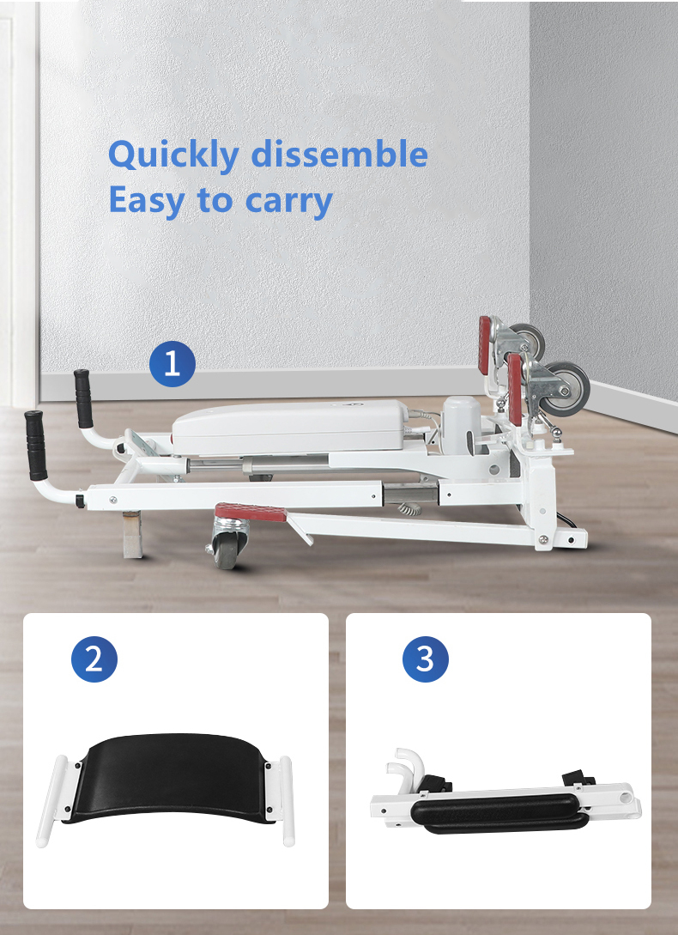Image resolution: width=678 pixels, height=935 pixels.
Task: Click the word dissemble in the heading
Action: (x=340, y=155)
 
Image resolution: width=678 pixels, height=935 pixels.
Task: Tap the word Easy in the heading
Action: (x=145, y=200)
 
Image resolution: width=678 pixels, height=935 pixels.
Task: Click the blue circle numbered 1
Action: (x=173, y=364)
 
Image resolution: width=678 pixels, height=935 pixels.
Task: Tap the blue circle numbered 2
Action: (x=94, y=659)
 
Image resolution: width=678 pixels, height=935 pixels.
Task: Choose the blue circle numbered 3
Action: (x=426, y=659)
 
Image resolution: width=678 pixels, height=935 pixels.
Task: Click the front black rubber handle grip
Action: (x=36, y=445)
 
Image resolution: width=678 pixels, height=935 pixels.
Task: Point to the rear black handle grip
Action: (x=83, y=398)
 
